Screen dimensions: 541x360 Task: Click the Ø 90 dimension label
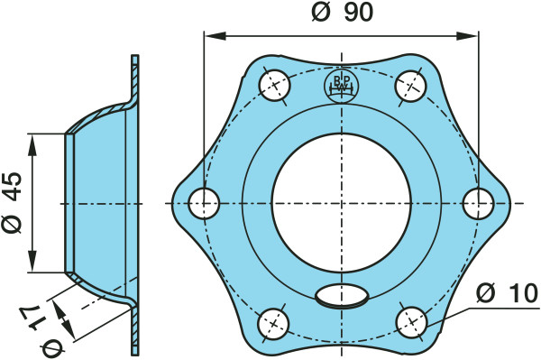tap(342, 13)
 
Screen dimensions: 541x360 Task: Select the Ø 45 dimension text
tap(13, 203)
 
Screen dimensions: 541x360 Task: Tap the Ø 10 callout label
tap(507, 293)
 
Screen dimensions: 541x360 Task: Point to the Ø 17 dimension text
tap(40, 328)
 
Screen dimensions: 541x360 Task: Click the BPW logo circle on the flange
tap(341, 86)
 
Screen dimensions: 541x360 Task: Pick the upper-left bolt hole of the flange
tap(274, 85)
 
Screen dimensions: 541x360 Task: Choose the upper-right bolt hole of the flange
tap(411, 86)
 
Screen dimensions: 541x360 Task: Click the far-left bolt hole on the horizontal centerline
tap(205, 203)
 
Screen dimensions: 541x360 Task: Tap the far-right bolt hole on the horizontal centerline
tap(478, 203)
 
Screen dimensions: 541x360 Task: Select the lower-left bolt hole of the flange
tap(273, 323)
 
